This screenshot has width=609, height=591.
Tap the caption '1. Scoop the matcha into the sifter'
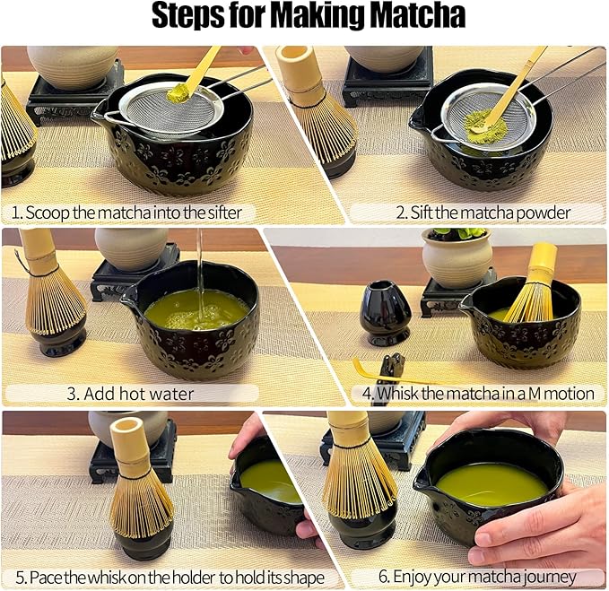126,213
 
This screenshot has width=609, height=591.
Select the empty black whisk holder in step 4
386,313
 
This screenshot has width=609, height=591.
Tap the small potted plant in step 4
457,255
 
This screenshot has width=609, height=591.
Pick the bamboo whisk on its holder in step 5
139,484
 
